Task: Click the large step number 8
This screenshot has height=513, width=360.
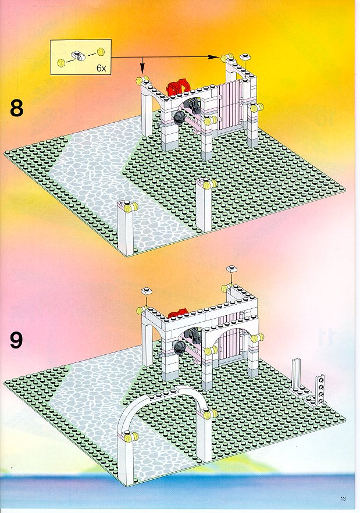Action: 17,108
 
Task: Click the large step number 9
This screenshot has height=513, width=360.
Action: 16,340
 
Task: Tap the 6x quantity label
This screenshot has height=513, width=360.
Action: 101,68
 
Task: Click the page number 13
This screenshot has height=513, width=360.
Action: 343,498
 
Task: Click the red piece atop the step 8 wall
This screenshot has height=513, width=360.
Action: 178,86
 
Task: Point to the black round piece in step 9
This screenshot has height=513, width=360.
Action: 179,347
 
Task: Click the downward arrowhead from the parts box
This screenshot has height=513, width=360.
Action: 142,69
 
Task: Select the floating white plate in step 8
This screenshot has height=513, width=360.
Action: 245,57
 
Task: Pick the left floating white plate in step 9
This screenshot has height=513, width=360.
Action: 147,291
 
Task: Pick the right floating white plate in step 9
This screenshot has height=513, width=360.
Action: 231,269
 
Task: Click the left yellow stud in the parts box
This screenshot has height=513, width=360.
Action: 60,63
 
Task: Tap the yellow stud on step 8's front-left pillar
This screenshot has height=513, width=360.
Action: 134,207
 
